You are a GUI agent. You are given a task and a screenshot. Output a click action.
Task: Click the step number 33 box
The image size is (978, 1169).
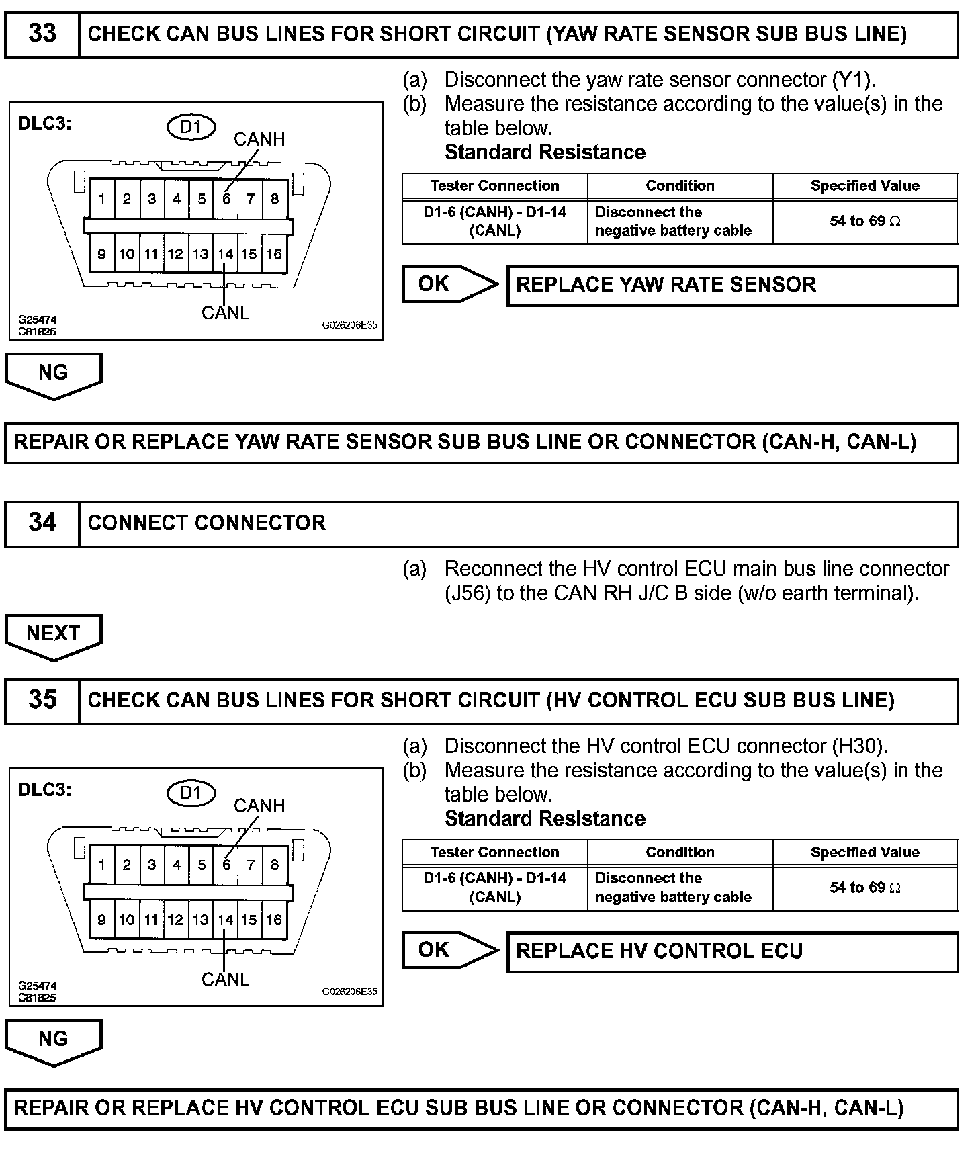click(42, 34)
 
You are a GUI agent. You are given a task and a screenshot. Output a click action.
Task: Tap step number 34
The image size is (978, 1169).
click(42, 523)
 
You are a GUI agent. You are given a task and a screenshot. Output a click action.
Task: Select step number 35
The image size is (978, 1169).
click(42, 700)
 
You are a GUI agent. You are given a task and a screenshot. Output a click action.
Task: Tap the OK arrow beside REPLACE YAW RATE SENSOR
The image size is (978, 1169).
click(448, 284)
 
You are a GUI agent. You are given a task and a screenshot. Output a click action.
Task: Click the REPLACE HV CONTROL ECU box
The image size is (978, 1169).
click(731, 951)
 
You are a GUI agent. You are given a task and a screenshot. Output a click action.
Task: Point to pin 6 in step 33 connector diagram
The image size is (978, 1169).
click(226, 199)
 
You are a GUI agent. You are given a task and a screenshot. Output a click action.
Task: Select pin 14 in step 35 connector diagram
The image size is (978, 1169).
click(225, 920)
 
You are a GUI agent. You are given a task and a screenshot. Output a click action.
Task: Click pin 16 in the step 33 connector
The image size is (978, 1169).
click(274, 254)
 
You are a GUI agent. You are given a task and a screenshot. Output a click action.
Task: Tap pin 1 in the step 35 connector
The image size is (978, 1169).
click(101, 865)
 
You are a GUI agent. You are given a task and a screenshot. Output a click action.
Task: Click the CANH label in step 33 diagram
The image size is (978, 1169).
click(259, 139)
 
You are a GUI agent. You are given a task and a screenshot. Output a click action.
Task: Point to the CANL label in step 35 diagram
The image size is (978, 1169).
click(225, 980)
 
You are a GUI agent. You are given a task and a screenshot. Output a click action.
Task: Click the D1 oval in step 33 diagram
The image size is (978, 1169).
click(191, 127)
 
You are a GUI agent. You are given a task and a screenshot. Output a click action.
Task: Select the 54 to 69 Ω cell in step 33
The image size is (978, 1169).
click(864, 221)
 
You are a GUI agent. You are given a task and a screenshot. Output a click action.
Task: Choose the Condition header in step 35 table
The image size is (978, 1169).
click(680, 852)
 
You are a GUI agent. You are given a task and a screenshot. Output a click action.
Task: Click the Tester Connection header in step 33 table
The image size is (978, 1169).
click(494, 185)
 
